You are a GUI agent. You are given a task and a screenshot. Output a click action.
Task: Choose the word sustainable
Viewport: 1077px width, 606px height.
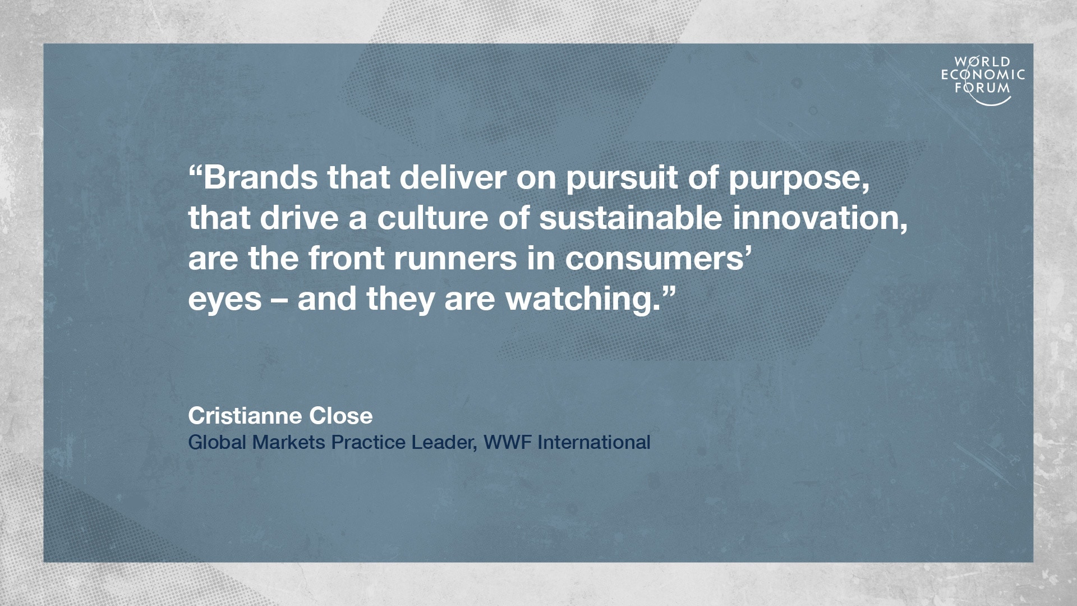pyautogui.click(x=630, y=218)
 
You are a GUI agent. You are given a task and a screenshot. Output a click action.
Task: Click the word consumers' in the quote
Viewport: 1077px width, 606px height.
pyautogui.click(x=658, y=259)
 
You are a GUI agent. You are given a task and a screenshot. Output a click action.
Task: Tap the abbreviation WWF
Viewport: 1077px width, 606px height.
pyautogui.click(x=508, y=442)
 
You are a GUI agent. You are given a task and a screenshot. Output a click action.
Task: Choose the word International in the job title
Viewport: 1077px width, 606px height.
pyautogui.click(x=594, y=442)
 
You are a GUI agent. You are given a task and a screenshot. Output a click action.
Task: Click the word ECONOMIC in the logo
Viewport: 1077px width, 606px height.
pyautogui.click(x=983, y=75)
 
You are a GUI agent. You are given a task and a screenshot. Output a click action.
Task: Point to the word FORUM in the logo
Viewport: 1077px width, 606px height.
pyautogui.click(x=983, y=88)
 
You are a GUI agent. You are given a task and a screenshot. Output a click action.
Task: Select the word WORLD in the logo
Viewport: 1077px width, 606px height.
pyautogui.click(x=983, y=62)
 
